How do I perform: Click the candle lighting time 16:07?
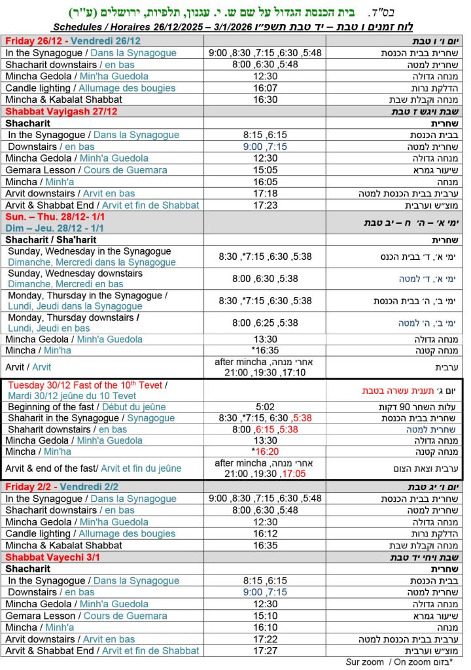pos(265,88)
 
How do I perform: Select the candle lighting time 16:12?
pos(265,533)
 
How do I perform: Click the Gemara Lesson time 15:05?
pos(265,170)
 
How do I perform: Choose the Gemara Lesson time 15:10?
pos(265,616)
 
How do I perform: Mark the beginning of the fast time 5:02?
pos(265,406)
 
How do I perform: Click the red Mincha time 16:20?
pos(266,451)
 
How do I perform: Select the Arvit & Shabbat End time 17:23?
pos(265,205)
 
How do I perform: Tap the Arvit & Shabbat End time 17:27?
pos(265,651)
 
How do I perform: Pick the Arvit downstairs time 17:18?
pos(265,194)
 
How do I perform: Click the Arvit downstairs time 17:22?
pos(265,639)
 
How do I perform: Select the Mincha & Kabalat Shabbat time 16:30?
pos(265,99)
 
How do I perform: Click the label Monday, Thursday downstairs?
pos(73,317)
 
